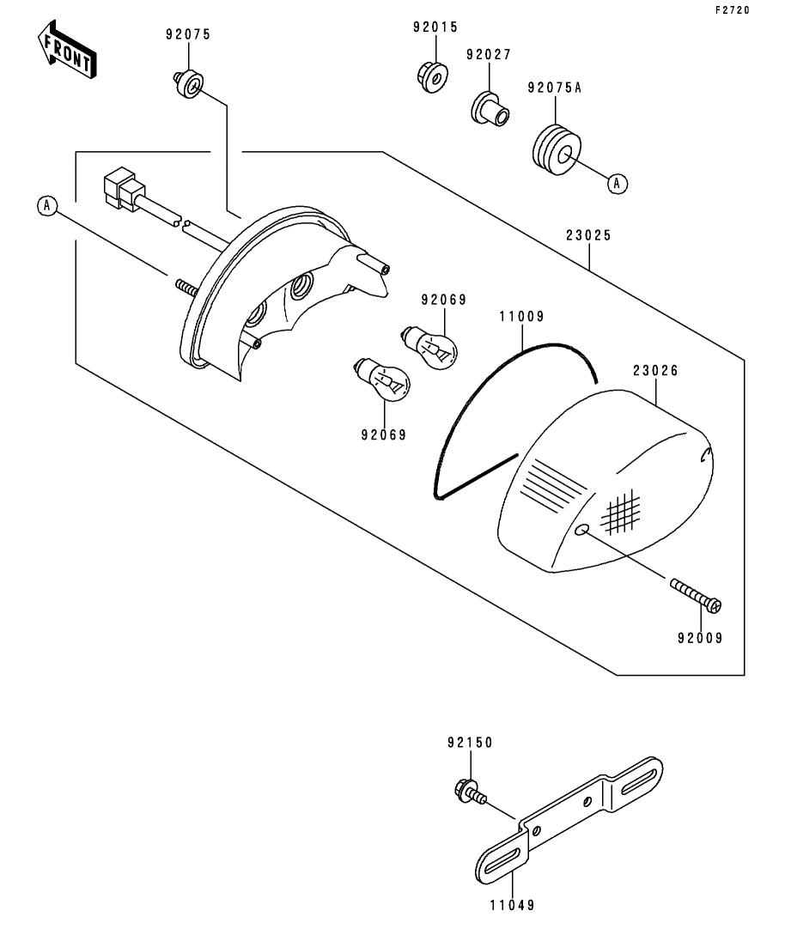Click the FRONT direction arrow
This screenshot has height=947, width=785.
(x=66, y=50)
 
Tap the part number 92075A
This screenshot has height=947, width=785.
(x=554, y=88)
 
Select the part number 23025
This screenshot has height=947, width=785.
(x=588, y=235)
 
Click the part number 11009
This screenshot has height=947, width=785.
(x=521, y=317)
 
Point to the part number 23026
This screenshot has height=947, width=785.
(x=655, y=371)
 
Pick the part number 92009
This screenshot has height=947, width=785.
(x=700, y=639)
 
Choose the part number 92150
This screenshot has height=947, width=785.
(x=470, y=743)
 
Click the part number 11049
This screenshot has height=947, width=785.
(x=513, y=905)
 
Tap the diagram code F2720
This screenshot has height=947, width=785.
(x=733, y=10)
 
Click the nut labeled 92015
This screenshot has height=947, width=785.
(x=433, y=76)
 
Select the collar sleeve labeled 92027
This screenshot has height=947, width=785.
(x=490, y=109)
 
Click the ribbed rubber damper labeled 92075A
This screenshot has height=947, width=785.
(x=557, y=150)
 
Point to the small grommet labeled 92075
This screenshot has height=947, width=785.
(x=189, y=83)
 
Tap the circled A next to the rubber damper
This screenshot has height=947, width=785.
(x=617, y=183)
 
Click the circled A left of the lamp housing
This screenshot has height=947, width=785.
(x=47, y=207)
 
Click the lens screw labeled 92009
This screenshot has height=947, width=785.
(x=696, y=595)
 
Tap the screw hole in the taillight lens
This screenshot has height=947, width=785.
(x=581, y=530)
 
